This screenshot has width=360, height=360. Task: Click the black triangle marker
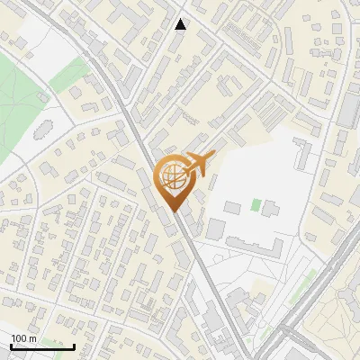pos(181,24)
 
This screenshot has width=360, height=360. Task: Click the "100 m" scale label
pos(23,338)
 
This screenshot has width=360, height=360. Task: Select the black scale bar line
pos(41,346)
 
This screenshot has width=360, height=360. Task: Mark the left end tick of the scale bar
pos(10,346)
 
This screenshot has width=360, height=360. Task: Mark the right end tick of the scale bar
pos(74,346)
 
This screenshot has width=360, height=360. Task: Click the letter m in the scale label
pos(33,338)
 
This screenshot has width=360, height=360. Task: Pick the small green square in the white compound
pos(256,205)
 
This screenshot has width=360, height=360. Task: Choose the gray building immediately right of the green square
pos(270,210)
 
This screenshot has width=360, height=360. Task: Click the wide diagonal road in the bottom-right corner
pos(324,297)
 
